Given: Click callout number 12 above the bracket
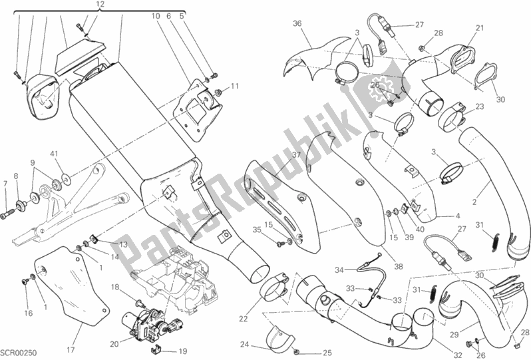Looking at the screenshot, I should click(x=100, y=5).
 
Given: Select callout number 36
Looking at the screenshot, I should click(x=297, y=24).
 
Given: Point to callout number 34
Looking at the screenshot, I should click(x=320, y=270).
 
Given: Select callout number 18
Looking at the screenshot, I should click(x=115, y=287).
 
